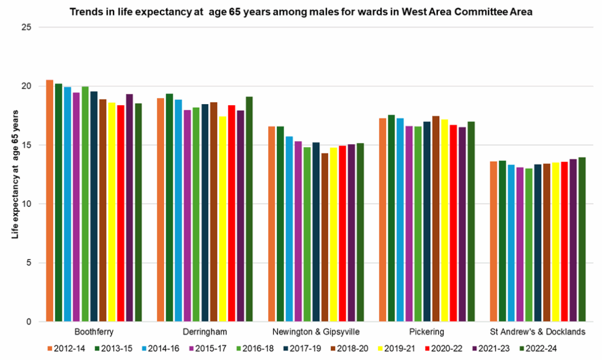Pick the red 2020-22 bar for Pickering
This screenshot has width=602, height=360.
[x=453, y=224]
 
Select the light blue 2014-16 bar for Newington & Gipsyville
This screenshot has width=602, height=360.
[x=289, y=229]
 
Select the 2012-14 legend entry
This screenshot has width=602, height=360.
[x=66, y=349]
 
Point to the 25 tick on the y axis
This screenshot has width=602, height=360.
[x=25, y=27]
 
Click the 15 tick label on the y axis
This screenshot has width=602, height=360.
[x=25, y=145]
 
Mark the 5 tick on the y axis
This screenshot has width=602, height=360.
[x=28, y=263]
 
